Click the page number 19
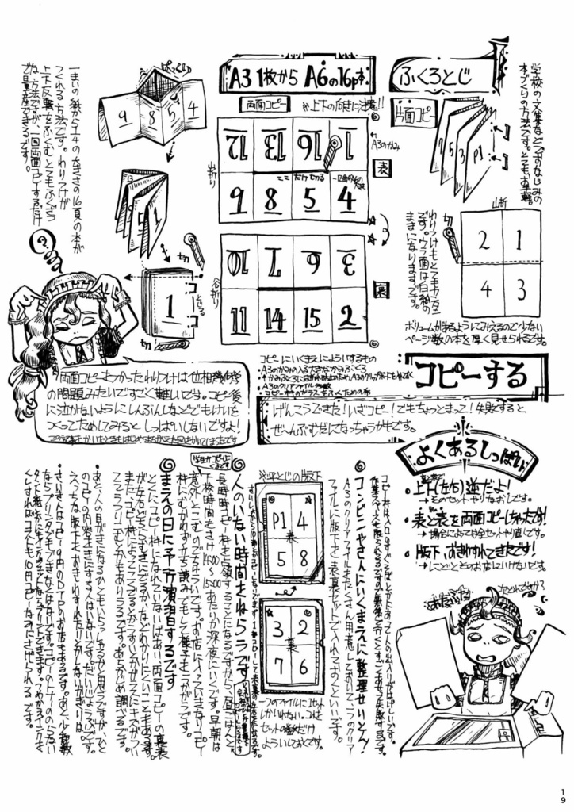coord(561,791)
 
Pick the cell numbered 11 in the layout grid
coord(239,318)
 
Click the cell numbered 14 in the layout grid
coord(275,318)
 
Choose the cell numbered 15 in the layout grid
coord(312,318)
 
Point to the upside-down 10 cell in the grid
coord(239,259)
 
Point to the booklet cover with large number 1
coord(167,304)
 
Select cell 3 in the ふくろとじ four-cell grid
coord(520,286)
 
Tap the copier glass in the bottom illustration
coord(474,731)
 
